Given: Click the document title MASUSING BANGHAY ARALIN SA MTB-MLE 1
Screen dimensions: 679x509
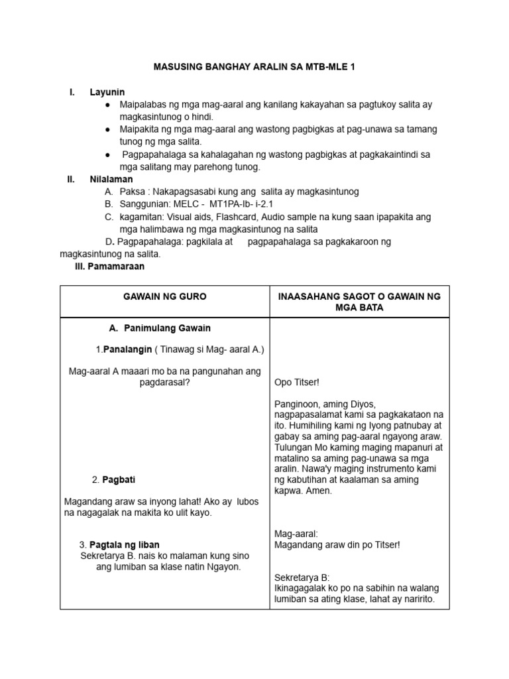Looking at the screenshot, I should pos(254,68).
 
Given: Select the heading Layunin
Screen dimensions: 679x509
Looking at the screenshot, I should pos(107,92).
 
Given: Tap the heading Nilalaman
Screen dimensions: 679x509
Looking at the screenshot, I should pos(111,179).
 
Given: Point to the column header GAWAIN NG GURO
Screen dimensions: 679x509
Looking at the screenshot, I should pos(164,296).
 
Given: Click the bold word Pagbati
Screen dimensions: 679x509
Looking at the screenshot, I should pos(119,479).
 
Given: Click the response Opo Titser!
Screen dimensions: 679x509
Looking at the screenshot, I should pos(296,383).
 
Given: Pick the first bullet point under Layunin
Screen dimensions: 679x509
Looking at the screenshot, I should pos(107,105).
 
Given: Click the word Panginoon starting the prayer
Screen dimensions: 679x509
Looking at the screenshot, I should pos(297,404).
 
